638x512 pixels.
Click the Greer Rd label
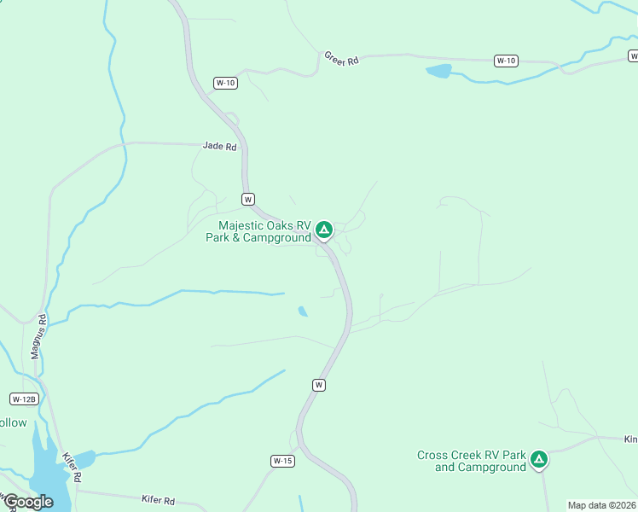(x=342, y=59)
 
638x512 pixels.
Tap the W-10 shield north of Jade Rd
(x=225, y=83)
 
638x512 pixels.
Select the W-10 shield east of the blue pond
(x=506, y=61)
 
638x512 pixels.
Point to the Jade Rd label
(x=219, y=146)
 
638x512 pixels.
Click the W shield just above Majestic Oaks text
(x=248, y=199)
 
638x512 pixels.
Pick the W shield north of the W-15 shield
(x=319, y=385)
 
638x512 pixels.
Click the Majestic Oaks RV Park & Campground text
(x=258, y=232)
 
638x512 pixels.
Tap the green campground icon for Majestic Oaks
(x=323, y=230)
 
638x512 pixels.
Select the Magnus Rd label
(x=39, y=337)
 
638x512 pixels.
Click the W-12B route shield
(x=23, y=399)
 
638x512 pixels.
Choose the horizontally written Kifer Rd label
(x=157, y=500)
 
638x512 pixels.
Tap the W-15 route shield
(x=283, y=461)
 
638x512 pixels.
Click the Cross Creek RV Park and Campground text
(x=472, y=461)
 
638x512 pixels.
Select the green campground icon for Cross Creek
(x=538, y=460)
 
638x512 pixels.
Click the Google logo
(x=27, y=502)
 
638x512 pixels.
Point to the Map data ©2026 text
(x=600, y=505)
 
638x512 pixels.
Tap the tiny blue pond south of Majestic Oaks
(x=303, y=311)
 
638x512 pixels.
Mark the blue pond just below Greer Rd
(x=438, y=71)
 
